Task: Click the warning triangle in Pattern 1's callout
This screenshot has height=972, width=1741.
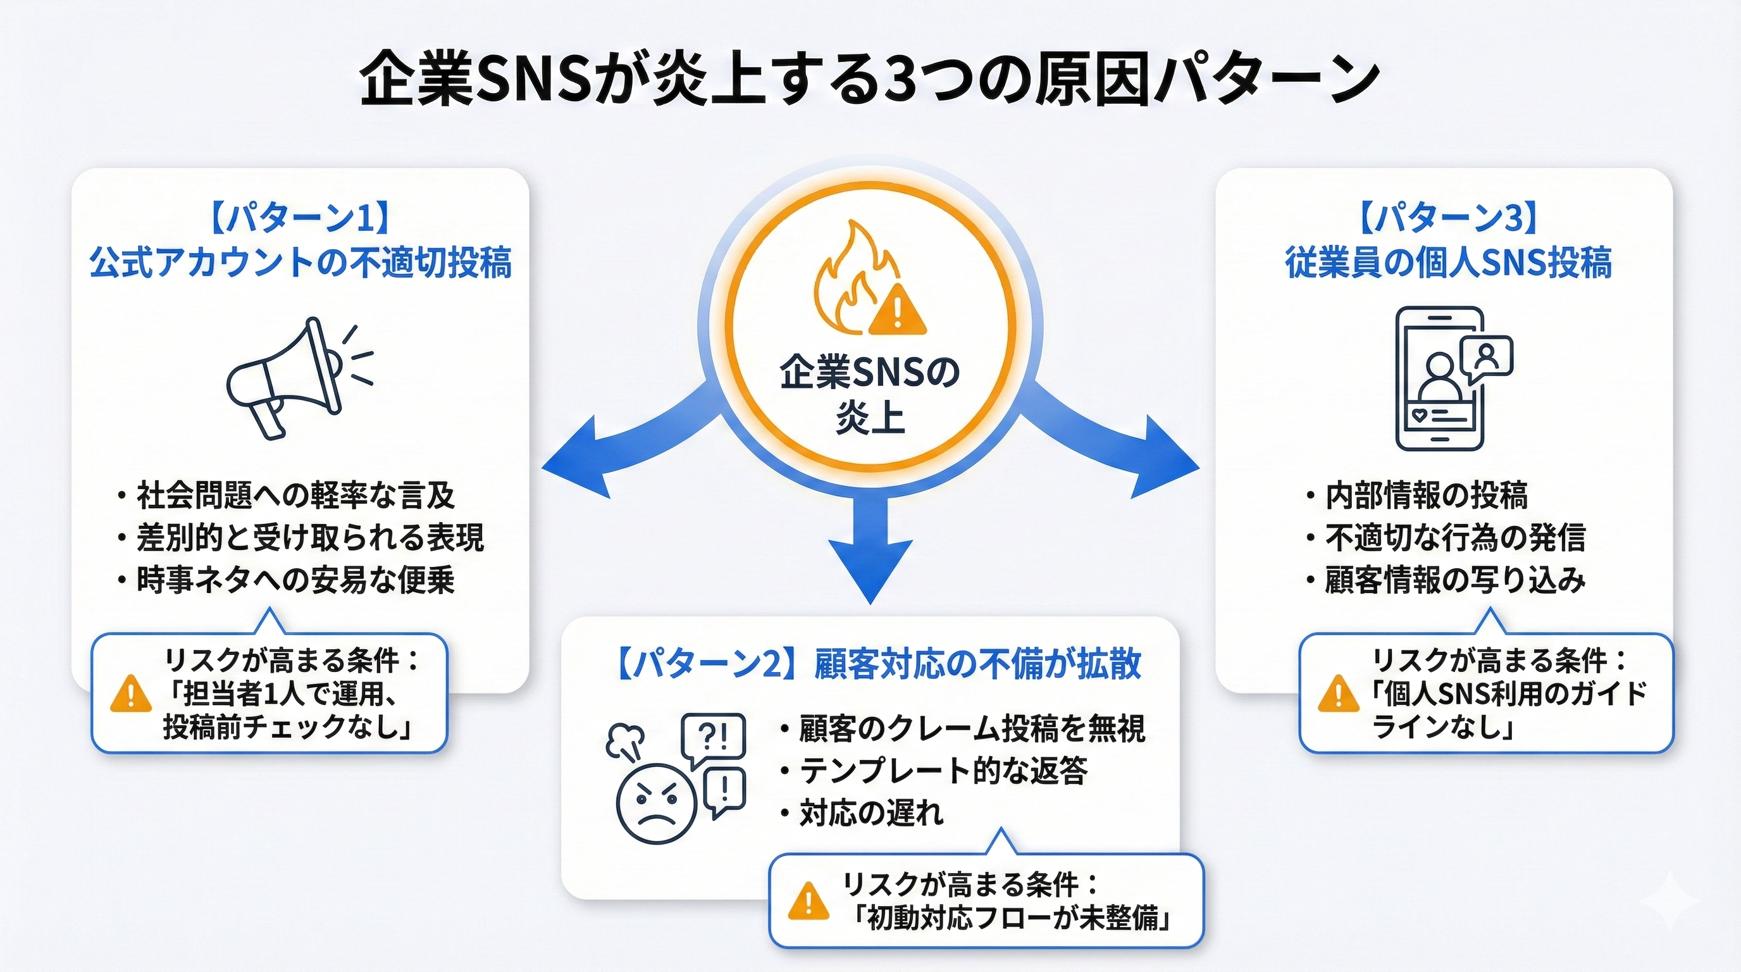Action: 130,695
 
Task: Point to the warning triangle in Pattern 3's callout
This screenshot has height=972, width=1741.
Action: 1338,695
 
